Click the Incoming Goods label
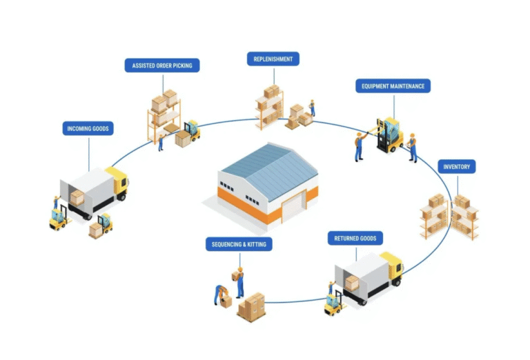[88, 128]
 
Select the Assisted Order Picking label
[162, 66]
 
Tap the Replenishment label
[273, 59]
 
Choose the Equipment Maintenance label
[393, 86]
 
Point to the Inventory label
[457, 166]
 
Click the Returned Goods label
[355, 239]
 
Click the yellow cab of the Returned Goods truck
[392, 267]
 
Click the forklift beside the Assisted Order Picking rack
[190, 130]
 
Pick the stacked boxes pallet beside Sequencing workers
[252, 307]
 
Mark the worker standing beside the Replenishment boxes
[312, 108]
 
